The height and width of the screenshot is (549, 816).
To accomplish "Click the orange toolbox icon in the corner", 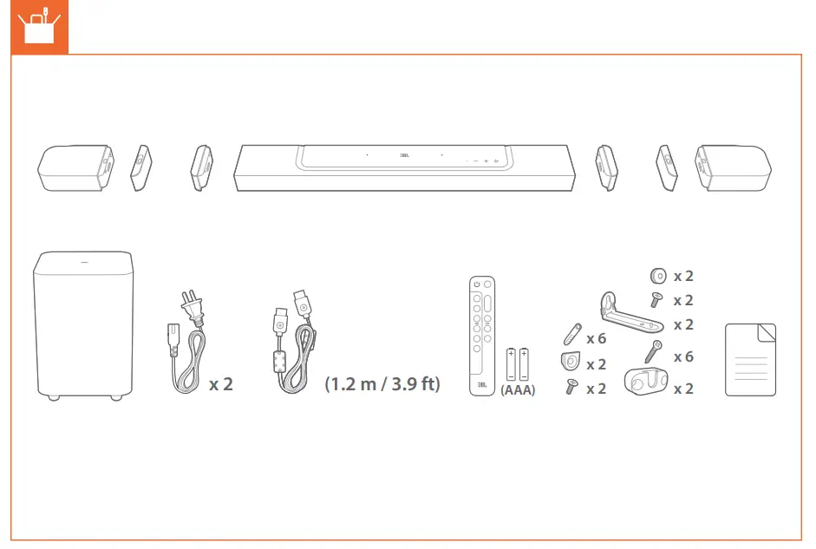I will click(35, 26).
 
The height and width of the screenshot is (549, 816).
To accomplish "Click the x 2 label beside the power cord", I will click(221, 383).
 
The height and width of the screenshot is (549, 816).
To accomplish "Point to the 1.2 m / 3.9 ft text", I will click(382, 383).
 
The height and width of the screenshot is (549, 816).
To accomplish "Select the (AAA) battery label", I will click(518, 390).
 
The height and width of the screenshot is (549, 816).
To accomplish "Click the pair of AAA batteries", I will click(518, 364).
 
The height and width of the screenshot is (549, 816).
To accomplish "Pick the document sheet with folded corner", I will click(750, 359).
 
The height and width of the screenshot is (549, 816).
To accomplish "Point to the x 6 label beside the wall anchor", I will click(596, 338).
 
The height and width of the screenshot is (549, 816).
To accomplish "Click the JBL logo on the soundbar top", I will click(403, 156).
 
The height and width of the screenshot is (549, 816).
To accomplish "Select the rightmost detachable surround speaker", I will click(733, 167).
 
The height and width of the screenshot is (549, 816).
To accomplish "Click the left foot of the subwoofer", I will click(54, 397).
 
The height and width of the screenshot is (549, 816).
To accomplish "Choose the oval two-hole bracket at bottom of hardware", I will click(645, 382).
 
